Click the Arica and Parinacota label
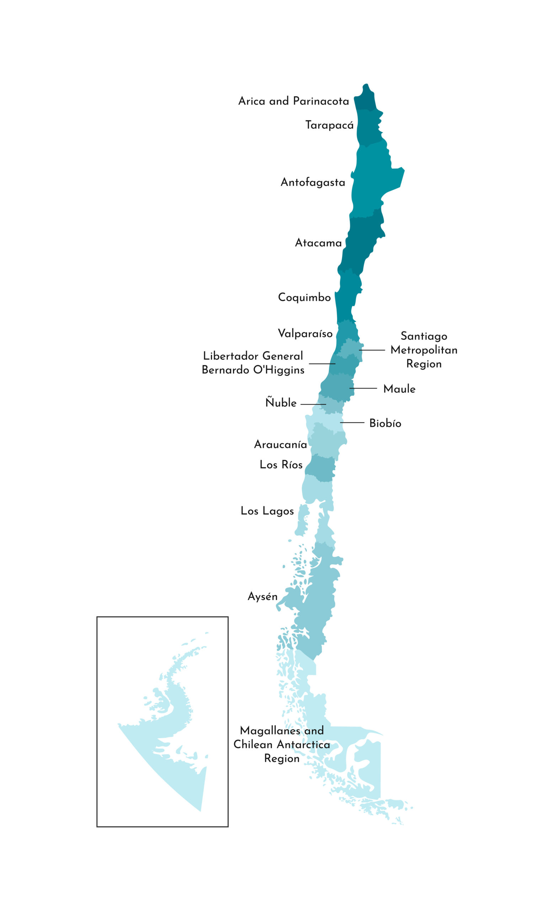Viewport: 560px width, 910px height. coord(293,101)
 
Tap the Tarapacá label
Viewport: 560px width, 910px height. coord(329,125)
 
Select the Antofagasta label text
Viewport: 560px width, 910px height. coord(313,182)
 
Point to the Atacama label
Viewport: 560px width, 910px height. coord(318,243)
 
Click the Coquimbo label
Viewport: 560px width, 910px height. coord(304,297)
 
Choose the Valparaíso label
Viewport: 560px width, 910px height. coord(305,333)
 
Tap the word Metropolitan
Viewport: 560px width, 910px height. coord(424,350)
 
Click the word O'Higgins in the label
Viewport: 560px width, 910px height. coord(278,370)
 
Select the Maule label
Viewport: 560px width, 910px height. coord(399,389)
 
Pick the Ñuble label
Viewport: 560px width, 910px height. coord(281,402)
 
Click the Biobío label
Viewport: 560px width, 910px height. coord(385,423)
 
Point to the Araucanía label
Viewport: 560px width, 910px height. coord(281,444)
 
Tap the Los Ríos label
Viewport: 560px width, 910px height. coord(281,465)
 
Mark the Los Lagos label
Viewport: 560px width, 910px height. coord(267,511)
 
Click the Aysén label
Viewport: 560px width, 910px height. coord(262,596)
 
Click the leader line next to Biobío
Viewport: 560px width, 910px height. coord(352,422)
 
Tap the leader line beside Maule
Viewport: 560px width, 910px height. coord(363,388)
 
